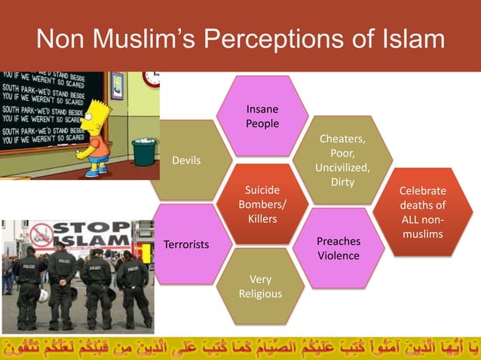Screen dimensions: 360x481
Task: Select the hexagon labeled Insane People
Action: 262,117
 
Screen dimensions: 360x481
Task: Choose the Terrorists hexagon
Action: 187,245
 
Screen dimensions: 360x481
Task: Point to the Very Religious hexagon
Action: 260,287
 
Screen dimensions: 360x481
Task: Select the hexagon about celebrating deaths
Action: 422,212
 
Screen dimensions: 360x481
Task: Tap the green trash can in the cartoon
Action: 143,151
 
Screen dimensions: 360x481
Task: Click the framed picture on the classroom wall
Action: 117,86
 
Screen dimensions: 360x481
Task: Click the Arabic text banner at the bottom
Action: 240,346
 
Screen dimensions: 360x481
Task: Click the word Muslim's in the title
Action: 151,39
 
